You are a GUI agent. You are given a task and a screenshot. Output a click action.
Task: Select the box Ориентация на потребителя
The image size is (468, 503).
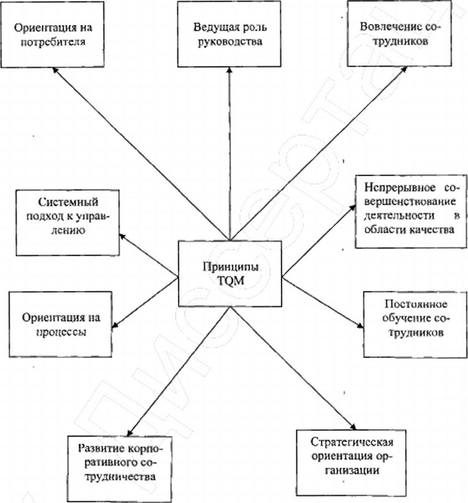click(53, 35)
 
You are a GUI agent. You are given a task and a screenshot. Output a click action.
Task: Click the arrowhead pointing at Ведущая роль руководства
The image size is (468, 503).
click(228, 70)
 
